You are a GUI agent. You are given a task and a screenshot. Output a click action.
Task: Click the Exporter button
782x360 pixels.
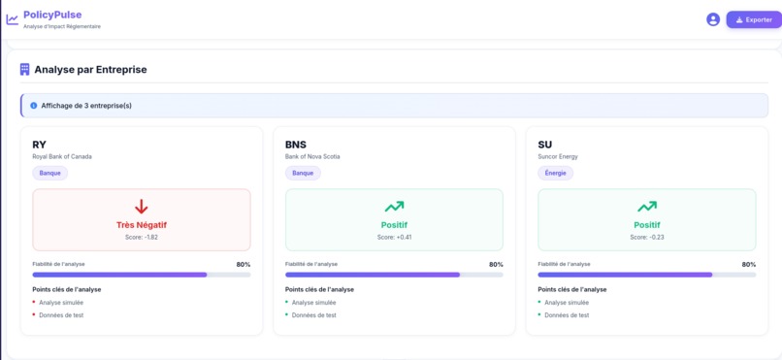click(x=753, y=19)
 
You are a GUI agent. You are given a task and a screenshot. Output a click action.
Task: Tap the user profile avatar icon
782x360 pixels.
click(x=713, y=19)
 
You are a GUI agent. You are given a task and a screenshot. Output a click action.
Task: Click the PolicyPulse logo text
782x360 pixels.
click(x=52, y=15)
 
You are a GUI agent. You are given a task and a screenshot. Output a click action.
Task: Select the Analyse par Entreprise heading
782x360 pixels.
click(x=90, y=70)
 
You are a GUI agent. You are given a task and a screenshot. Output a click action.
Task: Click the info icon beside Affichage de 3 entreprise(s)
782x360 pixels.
click(x=34, y=105)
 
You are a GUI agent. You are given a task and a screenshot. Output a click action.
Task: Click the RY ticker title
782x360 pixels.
click(x=39, y=145)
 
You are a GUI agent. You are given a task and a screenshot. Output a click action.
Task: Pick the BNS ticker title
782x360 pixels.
click(x=295, y=145)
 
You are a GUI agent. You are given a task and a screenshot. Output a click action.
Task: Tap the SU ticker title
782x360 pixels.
click(x=544, y=145)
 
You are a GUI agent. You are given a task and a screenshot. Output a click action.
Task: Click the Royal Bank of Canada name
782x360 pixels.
click(x=62, y=156)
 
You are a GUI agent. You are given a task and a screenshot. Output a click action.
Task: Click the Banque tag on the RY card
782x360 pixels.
click(x=49, y=173)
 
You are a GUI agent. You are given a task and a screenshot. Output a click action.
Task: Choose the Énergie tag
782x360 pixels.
click(x=555, y=173)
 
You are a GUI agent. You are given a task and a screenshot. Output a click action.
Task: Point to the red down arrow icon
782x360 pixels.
click(x=142, y=207)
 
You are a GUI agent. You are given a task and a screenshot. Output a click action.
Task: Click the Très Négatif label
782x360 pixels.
click(x=142, y=225)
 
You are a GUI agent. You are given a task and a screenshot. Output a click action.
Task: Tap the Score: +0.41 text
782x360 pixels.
click(x=394, y=237)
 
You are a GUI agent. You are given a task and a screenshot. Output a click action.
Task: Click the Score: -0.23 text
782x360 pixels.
click(x=646, y=237)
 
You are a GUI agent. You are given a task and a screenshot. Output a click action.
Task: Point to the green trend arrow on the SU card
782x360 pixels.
click(x=646, y=207)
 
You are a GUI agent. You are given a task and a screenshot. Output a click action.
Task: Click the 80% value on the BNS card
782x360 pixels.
click(x=496, y=264)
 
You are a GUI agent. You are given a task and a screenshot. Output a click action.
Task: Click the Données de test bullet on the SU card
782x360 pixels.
click(x=566, y=315)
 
